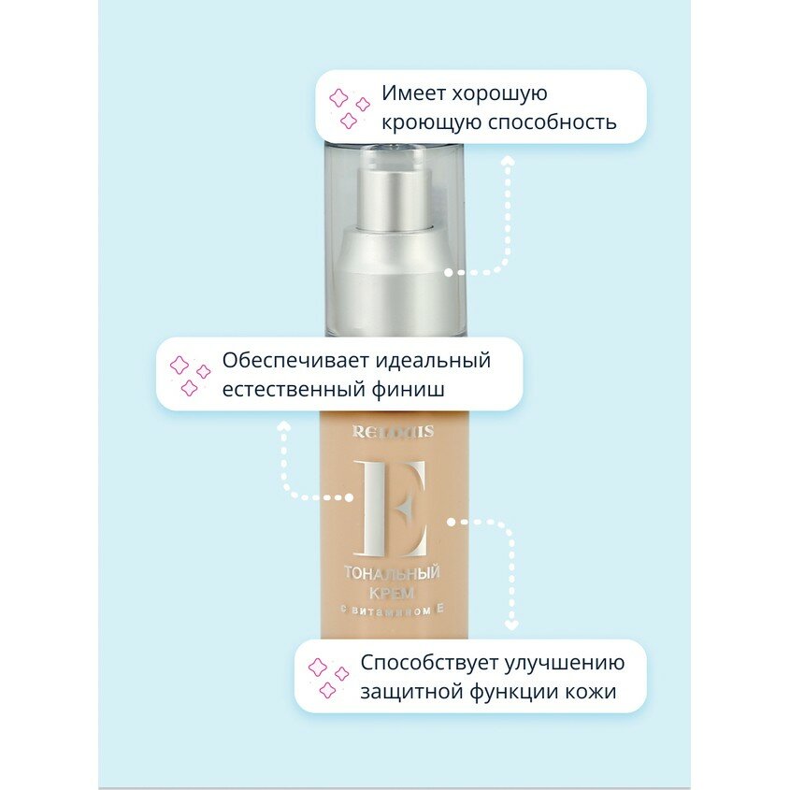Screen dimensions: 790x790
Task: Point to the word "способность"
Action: click(x=557, y=122)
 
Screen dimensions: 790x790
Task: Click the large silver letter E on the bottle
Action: click(x=394, y=509)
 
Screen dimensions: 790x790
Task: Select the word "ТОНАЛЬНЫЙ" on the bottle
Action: click(x=393, y=573)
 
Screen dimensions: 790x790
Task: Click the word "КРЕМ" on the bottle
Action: click(x=393, y=593)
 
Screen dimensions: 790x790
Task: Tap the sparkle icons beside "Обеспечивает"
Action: click(x=189, y=374)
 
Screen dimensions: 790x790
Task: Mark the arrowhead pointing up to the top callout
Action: click(x=508, y=161)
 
